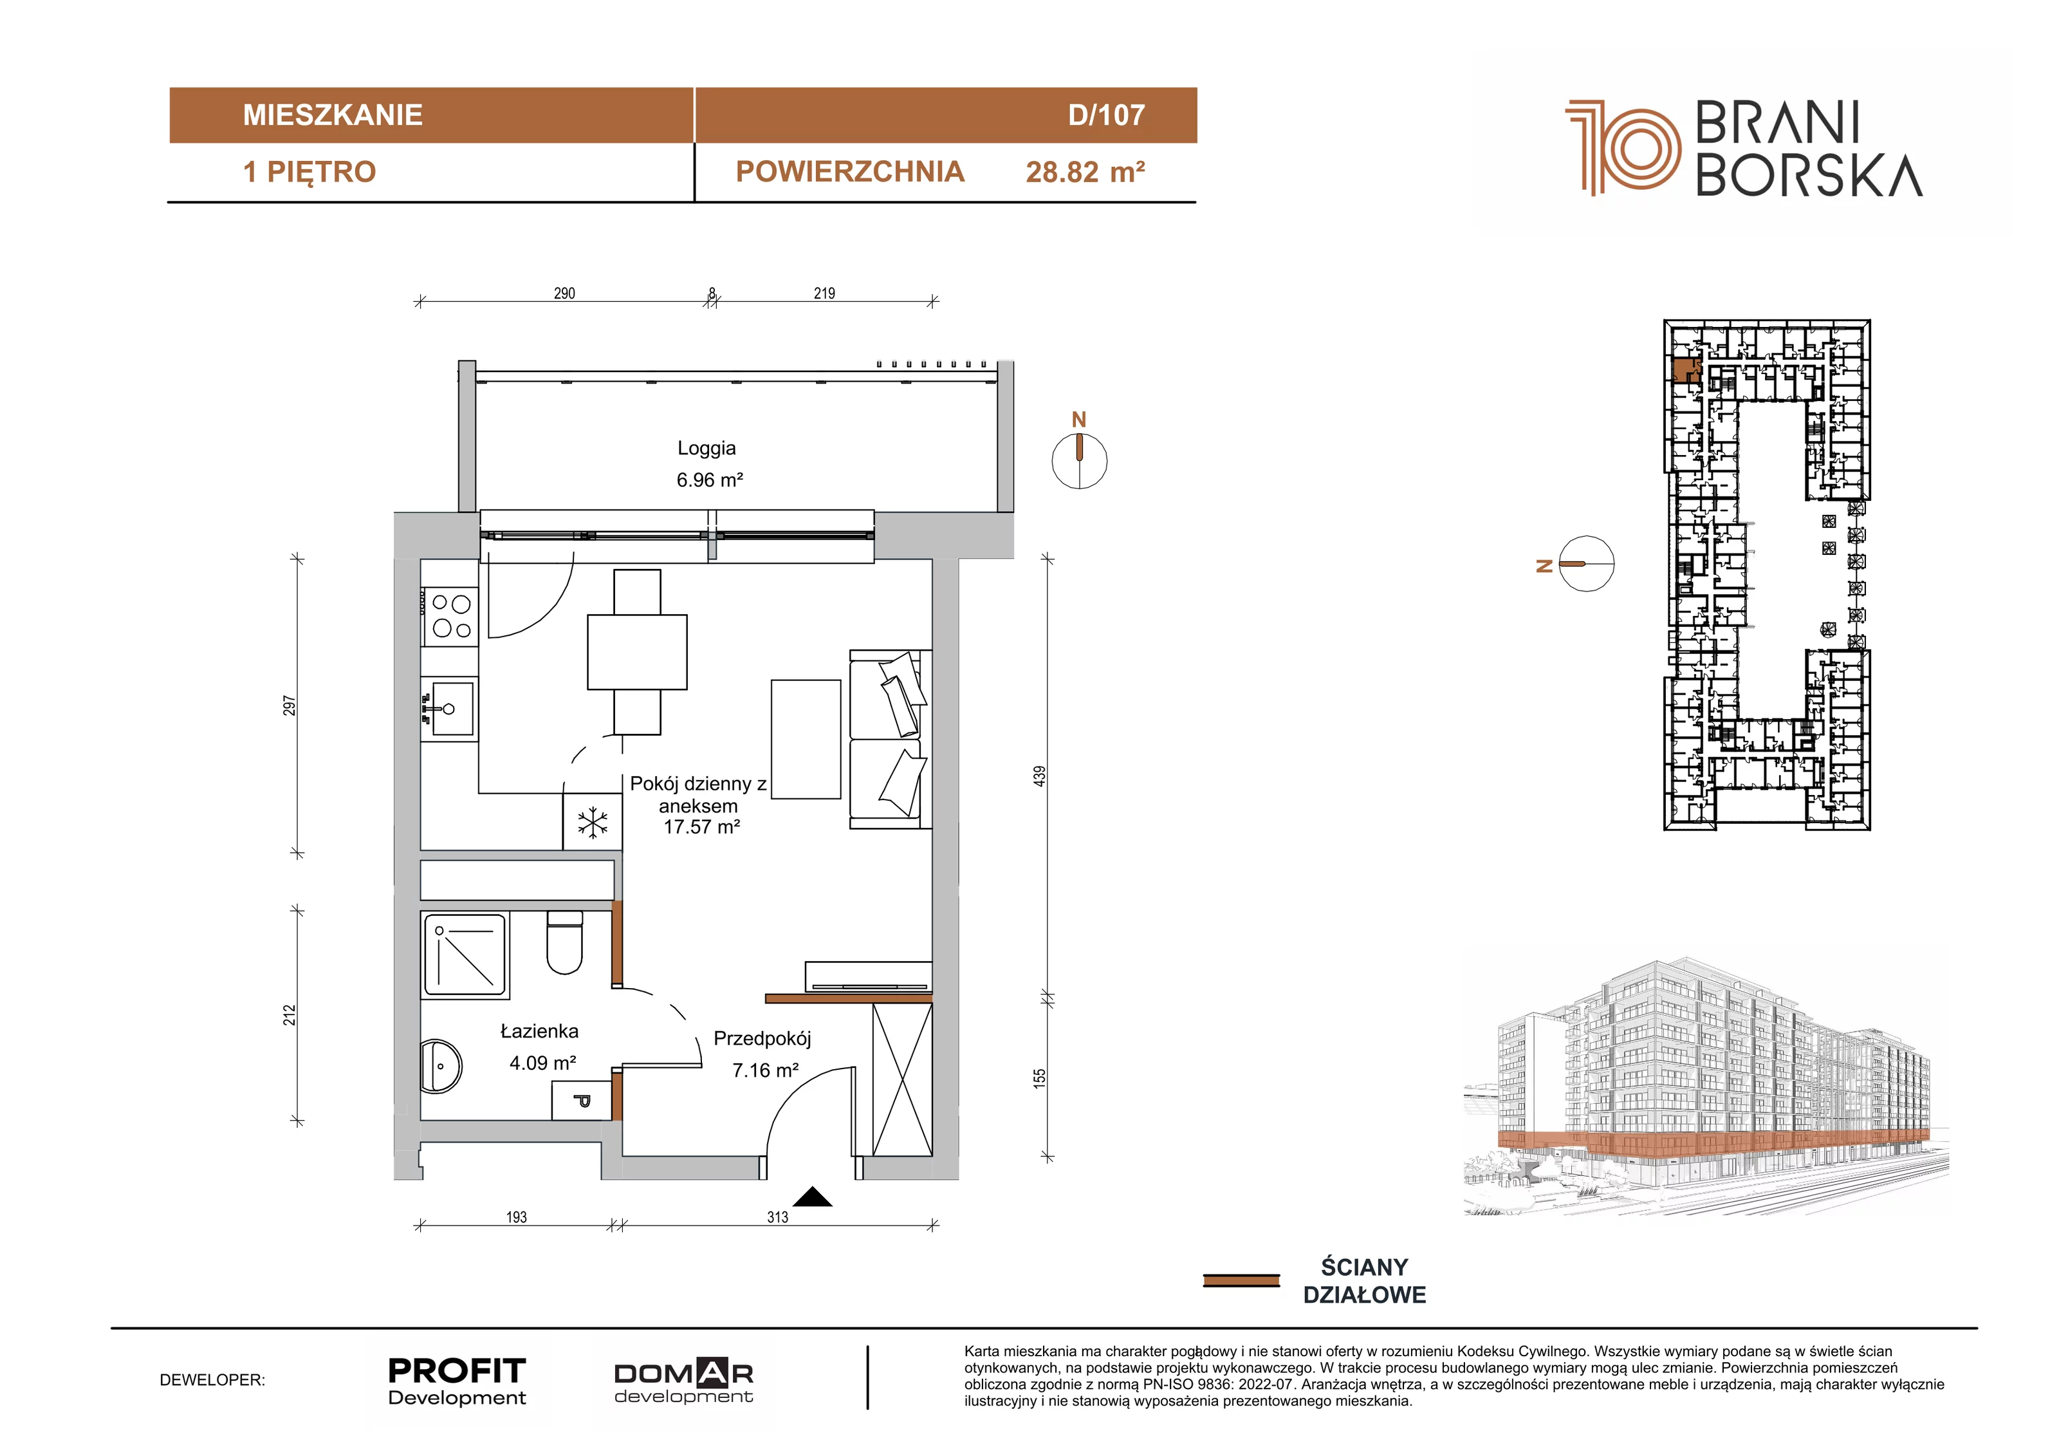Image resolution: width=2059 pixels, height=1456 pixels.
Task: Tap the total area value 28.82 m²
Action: click(x=1085, y=171)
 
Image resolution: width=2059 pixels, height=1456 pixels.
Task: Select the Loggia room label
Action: click(x=706, y=447)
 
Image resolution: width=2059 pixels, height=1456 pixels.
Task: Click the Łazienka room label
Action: click(x=539, y=1032)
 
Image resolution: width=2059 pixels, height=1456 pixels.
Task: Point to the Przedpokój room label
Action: click(x=762, y=1039)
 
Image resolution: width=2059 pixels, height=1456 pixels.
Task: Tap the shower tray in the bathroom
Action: click(x=465, y=955)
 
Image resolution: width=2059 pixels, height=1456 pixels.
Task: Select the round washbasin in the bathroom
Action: click(x=441, y=1067)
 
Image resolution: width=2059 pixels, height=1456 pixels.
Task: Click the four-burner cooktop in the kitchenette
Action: click(x=450, y=616)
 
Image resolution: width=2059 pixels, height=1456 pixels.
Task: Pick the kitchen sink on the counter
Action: click(x=452, y=709)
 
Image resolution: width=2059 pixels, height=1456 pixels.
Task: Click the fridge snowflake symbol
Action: click(x=592, y=823)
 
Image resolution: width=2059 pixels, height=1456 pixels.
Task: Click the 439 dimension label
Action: click(x=1039, y=777)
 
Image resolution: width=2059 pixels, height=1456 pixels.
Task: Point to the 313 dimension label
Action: click(x=777, y=1217)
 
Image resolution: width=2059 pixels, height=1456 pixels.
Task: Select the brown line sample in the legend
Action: click(x=1241, y=1280)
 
